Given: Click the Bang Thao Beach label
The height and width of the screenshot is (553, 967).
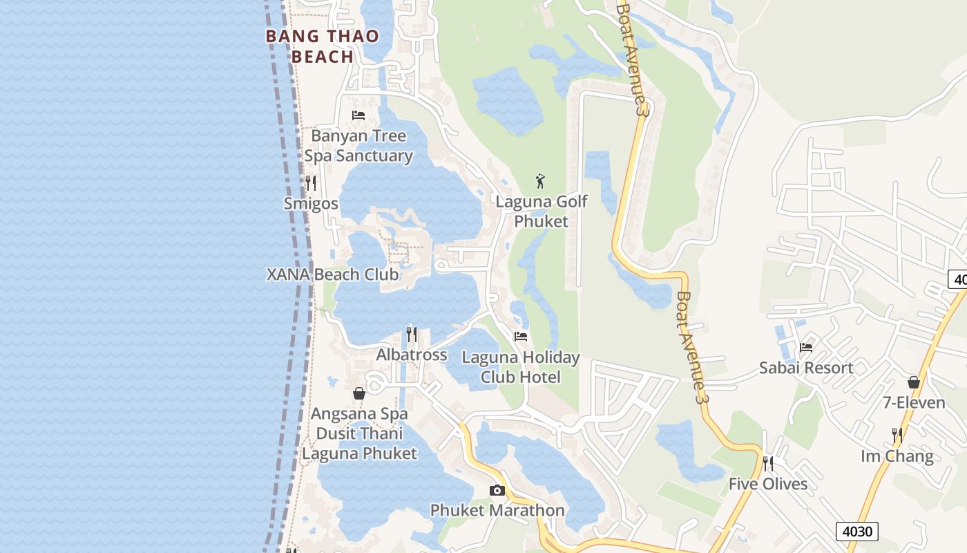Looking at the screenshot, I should pos(323,46).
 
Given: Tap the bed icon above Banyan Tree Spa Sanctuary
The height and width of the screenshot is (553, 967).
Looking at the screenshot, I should pos(358,115).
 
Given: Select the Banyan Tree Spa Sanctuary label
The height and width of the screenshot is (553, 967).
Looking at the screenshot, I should pos(358,146).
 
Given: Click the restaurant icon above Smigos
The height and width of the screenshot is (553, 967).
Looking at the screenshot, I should pos(311,183).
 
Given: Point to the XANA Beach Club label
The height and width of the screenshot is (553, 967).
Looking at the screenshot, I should pos(332,274).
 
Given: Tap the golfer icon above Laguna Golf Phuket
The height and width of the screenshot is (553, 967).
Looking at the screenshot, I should pos(541,182).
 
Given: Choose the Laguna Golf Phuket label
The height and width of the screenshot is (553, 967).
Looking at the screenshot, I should pos(542,212).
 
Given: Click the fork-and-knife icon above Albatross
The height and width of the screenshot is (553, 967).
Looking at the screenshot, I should pos(412,335).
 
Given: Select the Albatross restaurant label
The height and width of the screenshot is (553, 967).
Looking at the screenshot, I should pos(412,355).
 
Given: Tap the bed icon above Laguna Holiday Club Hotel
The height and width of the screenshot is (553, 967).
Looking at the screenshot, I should pos(521,337).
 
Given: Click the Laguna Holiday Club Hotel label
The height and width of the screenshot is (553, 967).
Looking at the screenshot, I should pos(521,367).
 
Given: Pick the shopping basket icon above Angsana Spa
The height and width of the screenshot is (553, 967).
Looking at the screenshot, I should pos(359,393).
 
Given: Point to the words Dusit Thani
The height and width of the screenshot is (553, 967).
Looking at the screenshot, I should pos(359,433).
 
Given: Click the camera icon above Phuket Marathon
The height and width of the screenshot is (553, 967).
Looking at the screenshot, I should pos(497,491).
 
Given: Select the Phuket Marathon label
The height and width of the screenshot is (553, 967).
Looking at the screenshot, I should pos(497,511).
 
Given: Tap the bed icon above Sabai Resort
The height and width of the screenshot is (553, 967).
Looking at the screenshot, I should pos(806,348).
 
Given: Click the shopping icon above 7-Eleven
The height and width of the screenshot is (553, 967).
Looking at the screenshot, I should pos(914,382).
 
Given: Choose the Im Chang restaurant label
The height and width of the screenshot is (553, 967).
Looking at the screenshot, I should pos(897,456).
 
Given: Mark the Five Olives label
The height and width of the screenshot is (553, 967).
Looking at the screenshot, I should pos(768,484).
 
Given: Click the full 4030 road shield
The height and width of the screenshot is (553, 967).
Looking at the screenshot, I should pos(858,532).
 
